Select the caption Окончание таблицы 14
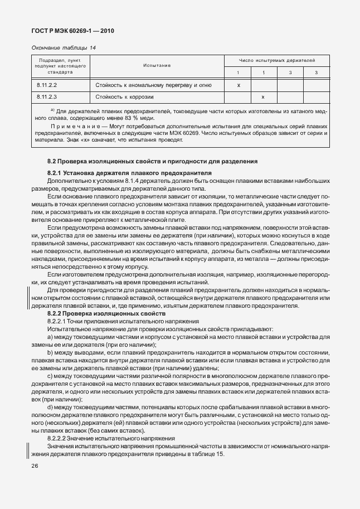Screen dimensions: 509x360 click(x=64, y=48)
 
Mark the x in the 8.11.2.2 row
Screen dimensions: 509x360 click(x=238, y=85)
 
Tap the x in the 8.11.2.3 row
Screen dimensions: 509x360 click(x=262, y=97)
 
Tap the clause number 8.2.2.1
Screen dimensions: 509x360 click(x=57, y=322)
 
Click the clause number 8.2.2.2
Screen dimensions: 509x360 click(x=57, y=438)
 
